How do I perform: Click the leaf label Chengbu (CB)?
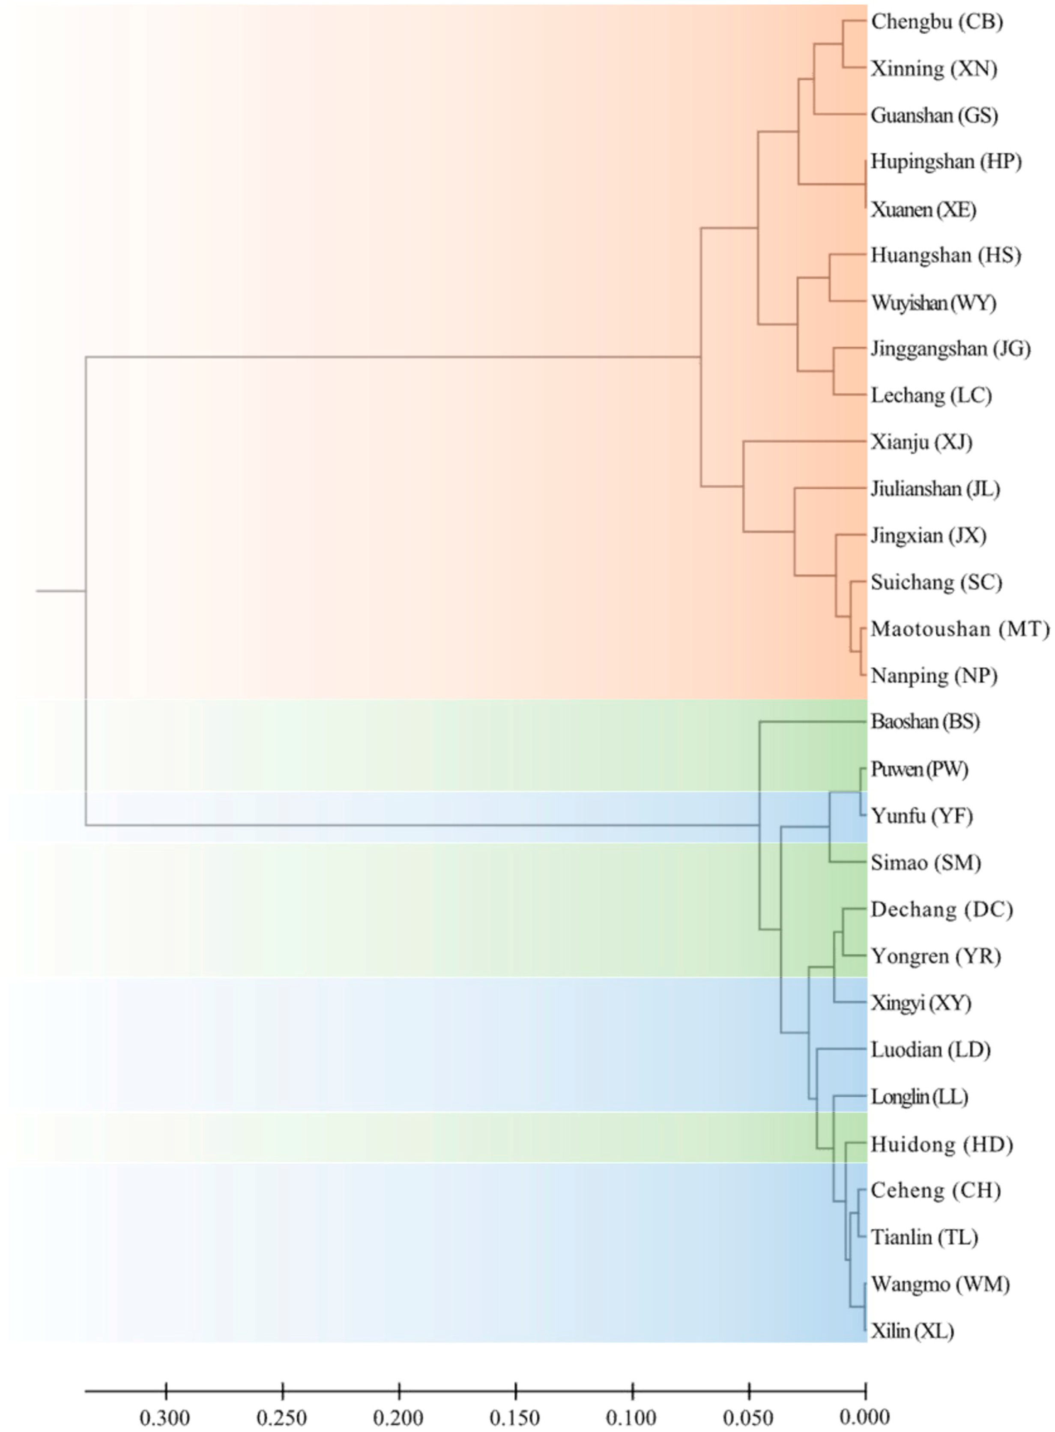937,22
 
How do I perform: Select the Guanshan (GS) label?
934,116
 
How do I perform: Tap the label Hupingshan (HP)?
946,162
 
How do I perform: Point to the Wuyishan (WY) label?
933,303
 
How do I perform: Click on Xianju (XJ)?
921,442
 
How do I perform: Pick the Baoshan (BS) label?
925,722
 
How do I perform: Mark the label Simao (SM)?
925,863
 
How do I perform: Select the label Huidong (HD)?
942,1144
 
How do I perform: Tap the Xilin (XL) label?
912,1332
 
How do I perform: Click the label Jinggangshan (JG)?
950,349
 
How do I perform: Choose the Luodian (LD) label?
930,1050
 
